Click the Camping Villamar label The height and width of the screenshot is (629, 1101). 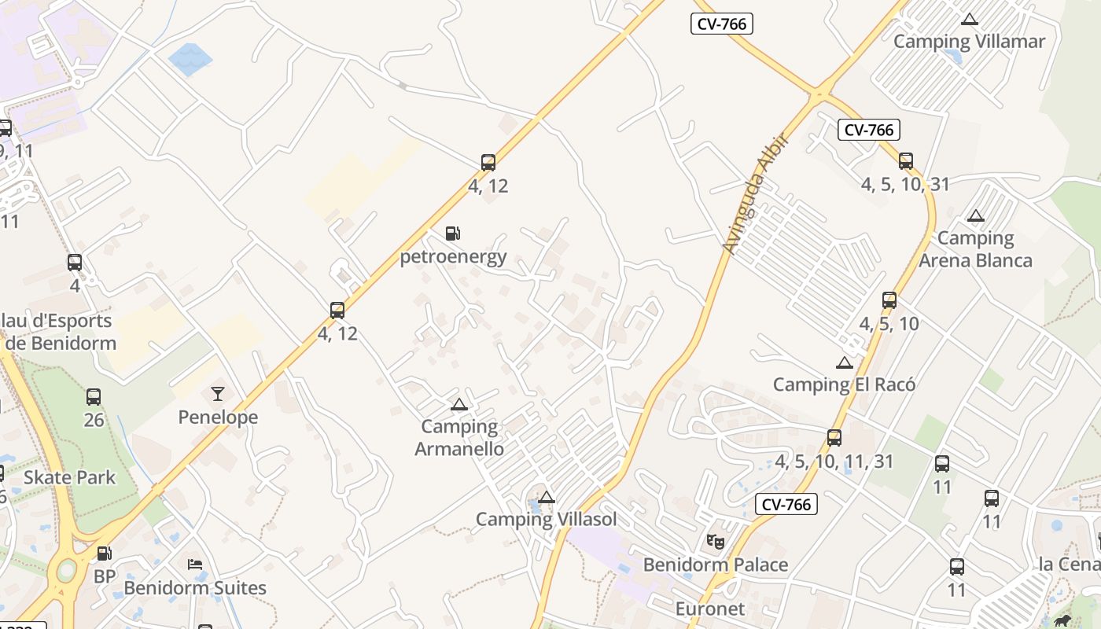click(x=969, y=42)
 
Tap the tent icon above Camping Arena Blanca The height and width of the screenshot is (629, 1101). click(x=975, y=216)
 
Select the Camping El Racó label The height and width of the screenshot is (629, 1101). click(x=844, y=384)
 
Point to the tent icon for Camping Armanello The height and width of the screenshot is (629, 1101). click(x=458, y=405)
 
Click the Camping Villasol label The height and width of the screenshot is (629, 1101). click(x=546, y=519)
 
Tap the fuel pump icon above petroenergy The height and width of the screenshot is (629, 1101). click(x=452, y=234)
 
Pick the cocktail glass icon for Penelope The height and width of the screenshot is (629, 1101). click(x=218, y=394)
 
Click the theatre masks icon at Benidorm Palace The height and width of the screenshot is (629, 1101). click(x=715, y=541)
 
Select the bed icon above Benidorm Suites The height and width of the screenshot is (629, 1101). click(x=195, y=565)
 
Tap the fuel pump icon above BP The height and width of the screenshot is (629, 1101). click(x=104, y=554)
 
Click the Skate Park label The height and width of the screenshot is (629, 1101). click(x=69, y=477)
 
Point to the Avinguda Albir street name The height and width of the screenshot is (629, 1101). click(x=753, y=194)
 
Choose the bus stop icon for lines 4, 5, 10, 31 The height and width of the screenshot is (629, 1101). click(x=906, y=161)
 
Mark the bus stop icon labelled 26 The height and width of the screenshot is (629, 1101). click(x=94, y=397)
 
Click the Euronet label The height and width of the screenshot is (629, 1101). click(x=709, y=609)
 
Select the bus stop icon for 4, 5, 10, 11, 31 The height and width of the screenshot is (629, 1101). click(x=834, y=438)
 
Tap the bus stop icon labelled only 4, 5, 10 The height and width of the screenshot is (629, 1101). click(x=889, y=300)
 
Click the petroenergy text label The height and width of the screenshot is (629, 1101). click(x=453, y=257)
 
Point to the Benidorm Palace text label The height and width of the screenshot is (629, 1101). click(x=715, y=565)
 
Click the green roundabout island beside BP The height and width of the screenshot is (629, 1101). click(x=67, y=568)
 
